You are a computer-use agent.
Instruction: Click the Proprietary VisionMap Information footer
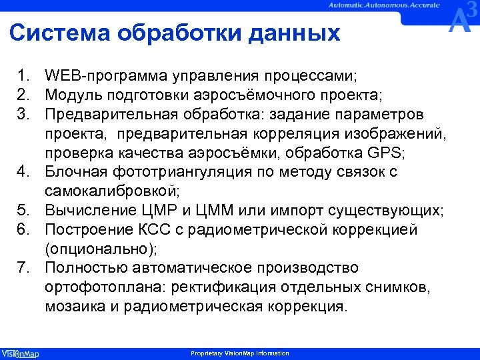point(240,353)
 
